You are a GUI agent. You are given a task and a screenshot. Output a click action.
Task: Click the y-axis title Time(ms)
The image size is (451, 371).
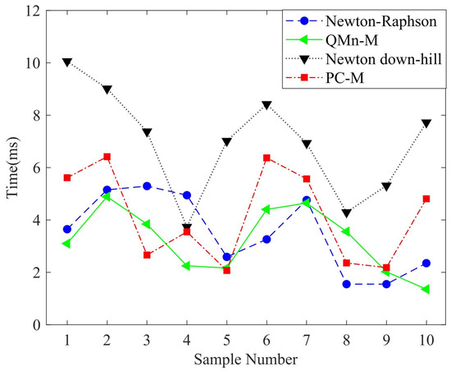tap(13, 168)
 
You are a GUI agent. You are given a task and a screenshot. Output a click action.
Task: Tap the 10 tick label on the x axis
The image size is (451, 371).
tap(426, 339)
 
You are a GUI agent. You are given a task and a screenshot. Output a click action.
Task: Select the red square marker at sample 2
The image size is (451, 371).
tap(107, 157)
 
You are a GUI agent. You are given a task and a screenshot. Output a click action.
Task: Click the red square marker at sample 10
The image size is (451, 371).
tap(426, 199)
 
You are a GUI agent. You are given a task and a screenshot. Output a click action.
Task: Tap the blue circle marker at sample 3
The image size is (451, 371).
tap(147, 186)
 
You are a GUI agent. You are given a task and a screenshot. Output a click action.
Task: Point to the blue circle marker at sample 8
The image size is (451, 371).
tap(347, 284)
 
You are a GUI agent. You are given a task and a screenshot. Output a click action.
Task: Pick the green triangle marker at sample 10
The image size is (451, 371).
tap(426, 289)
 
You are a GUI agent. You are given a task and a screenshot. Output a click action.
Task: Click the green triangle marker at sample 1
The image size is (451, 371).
tap(66, 244)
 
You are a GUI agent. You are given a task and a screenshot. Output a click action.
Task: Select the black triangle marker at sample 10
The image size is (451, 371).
tap(426, 124)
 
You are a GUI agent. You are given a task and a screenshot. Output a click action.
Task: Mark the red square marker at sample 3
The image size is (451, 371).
tap(147, 255)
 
